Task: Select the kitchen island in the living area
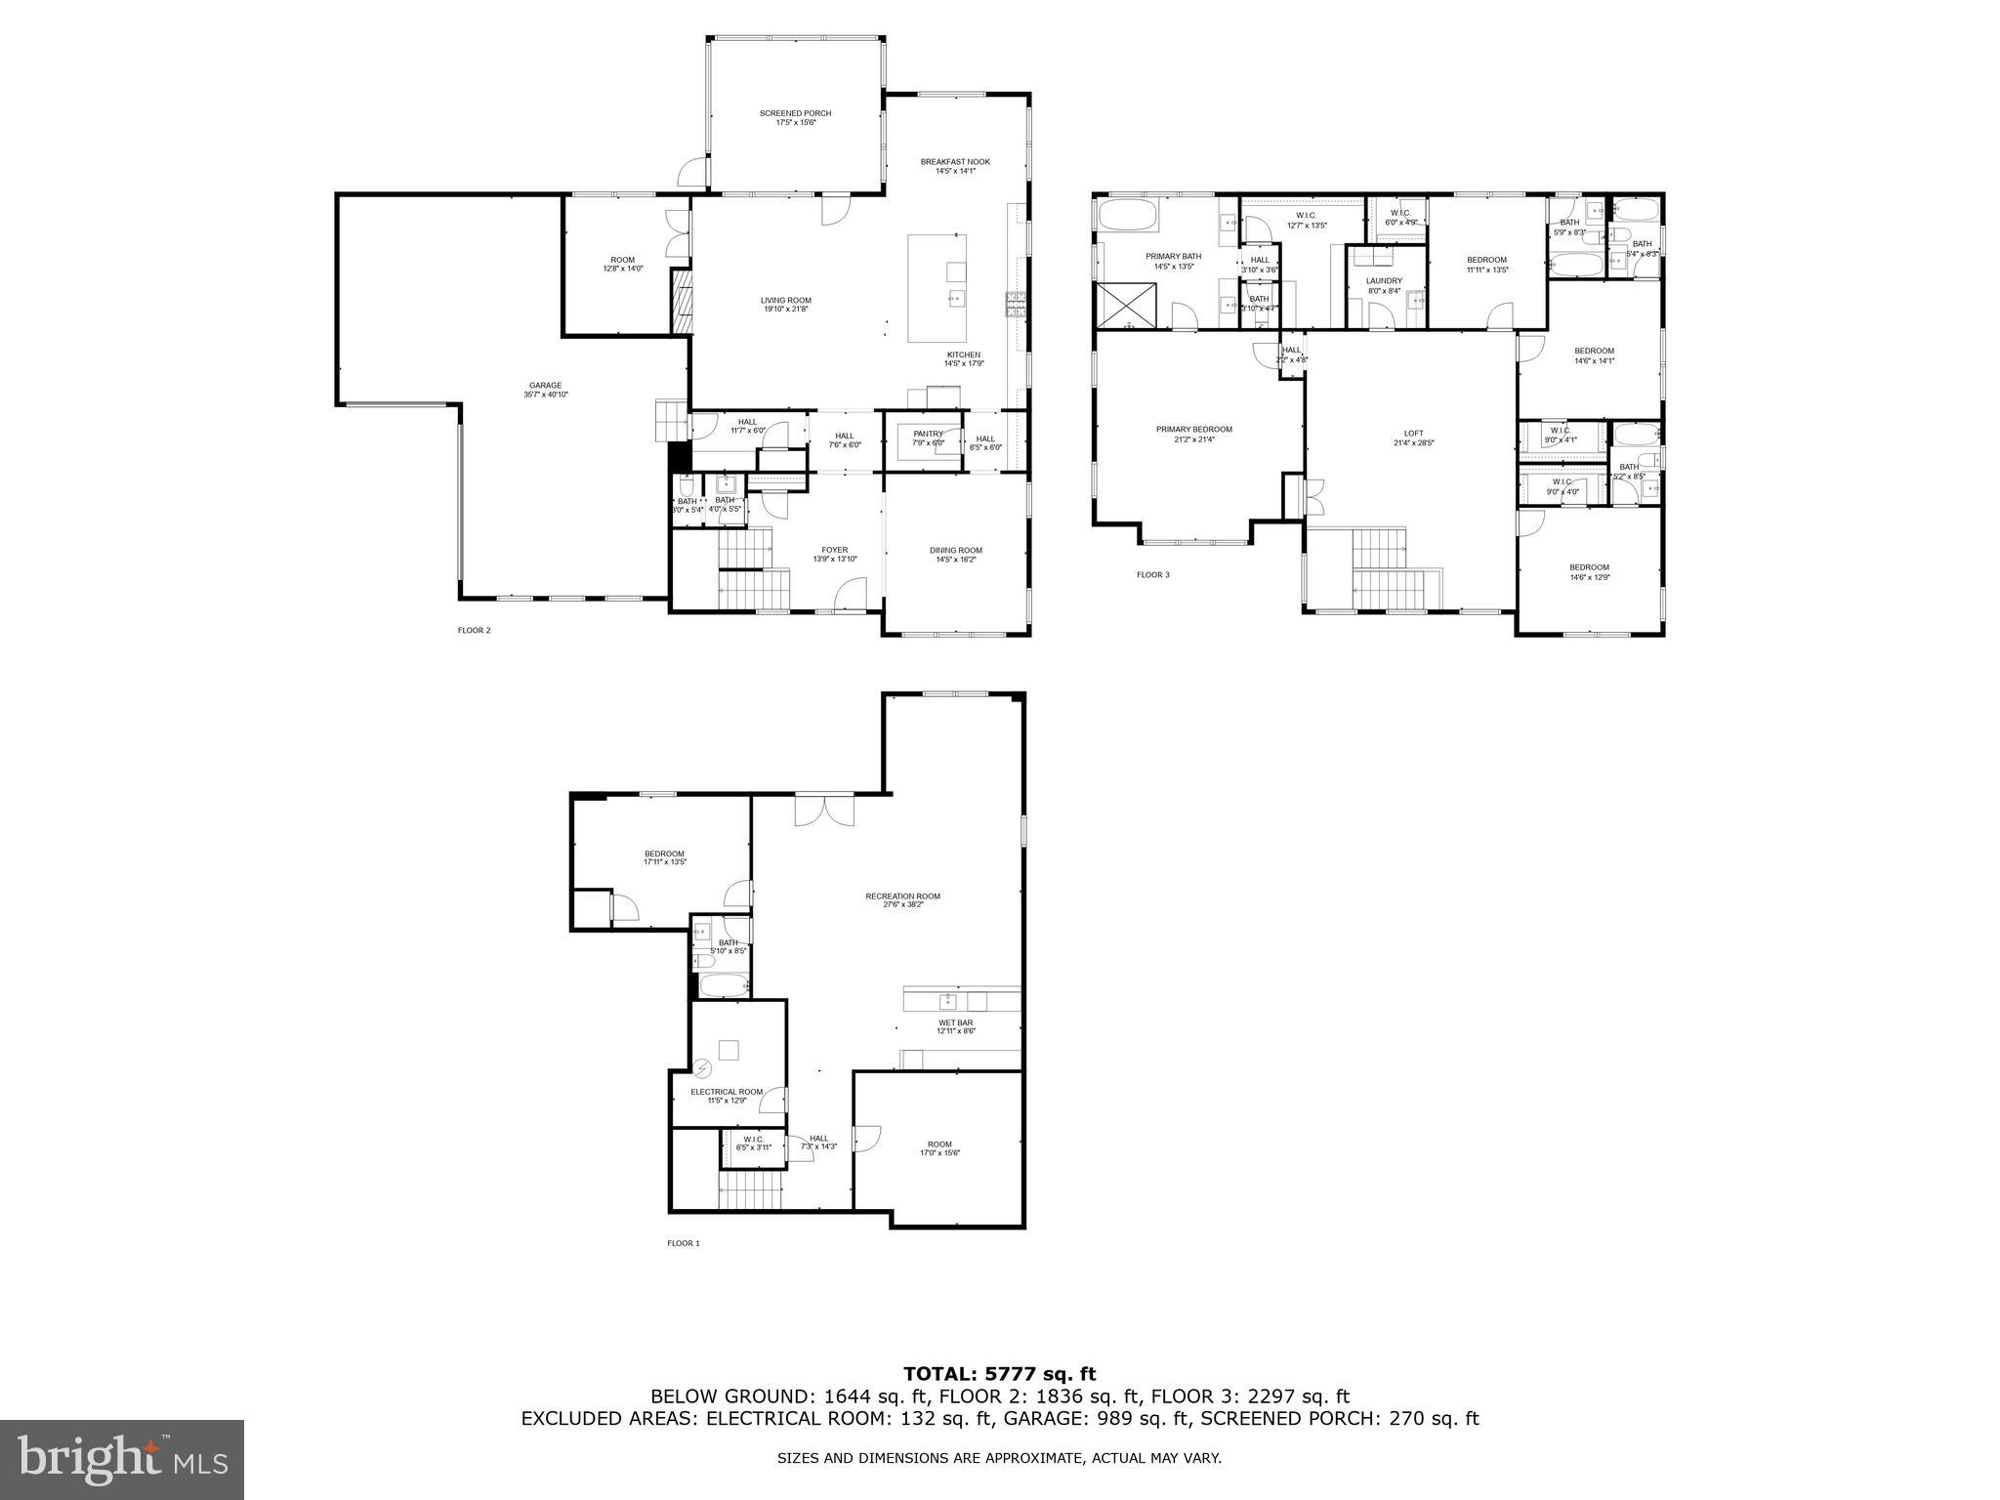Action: click(937, 288)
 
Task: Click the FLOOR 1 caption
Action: click(684, 1243)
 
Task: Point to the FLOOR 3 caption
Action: click(1152, 575)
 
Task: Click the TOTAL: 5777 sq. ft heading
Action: click(1000, 1375)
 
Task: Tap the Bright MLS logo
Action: click(122, 1460)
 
